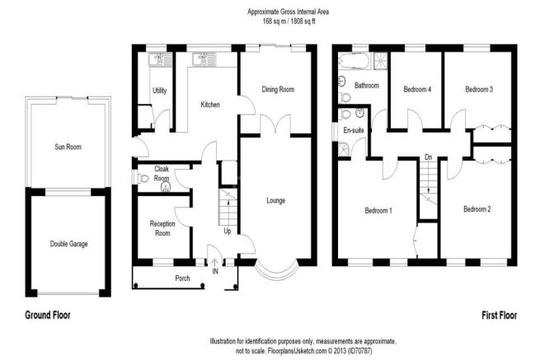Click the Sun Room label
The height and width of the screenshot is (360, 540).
click(68, 147)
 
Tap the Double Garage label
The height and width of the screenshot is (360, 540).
click(69, 244)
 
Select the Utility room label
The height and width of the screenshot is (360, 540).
click(159, 91)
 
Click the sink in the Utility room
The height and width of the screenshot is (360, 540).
click(160, 59)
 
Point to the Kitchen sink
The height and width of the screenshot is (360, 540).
click(204, 59)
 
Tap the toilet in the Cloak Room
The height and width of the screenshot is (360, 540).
click(143, 178)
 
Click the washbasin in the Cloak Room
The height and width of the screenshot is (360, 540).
click(166, 186)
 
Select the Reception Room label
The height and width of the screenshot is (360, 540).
click(162, 228)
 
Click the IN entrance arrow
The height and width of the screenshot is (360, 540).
click(214, 263)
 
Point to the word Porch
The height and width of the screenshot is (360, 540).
click(182, 278)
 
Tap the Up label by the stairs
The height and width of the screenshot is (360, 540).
click(228, 231)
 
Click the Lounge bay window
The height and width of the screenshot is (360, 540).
click(277, 272)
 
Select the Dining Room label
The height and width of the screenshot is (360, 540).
click(278, 90)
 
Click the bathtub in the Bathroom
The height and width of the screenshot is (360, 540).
click(354, 61)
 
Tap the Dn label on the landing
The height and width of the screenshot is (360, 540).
click(429, 157)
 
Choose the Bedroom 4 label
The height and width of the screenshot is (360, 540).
click(417, 90)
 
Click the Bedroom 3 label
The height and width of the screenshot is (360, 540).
click(479, 90)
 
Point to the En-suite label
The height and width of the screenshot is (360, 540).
click(354, 130)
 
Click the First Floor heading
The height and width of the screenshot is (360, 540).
click(500, 316)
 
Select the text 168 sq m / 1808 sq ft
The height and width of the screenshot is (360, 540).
click(288, 21)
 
